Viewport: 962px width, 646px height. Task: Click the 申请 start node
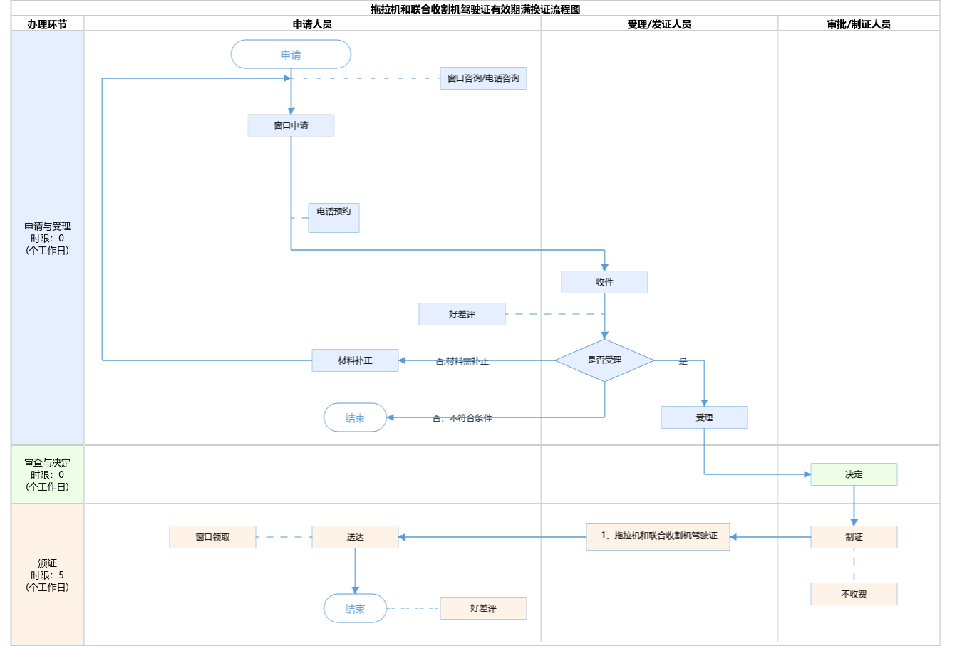291,54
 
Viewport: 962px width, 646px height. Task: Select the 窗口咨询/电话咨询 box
483,78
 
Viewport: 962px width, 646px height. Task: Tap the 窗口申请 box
291,125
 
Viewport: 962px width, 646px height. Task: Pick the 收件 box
604,282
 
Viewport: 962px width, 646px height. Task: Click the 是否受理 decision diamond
604,360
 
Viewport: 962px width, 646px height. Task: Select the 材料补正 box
355,360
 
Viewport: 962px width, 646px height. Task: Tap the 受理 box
704,417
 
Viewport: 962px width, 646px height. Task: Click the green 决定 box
854,474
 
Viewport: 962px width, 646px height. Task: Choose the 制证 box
854,537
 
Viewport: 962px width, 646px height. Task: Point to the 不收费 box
854,594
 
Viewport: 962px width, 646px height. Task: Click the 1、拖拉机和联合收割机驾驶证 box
658,536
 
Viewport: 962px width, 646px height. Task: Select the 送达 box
355,537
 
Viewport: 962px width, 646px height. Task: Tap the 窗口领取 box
212,537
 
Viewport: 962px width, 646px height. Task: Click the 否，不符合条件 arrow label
462,418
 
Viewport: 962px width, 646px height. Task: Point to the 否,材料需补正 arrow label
462,361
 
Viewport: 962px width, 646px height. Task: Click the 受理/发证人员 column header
659,24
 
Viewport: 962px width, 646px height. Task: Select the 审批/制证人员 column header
859,24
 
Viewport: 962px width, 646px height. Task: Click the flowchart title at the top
475,9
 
